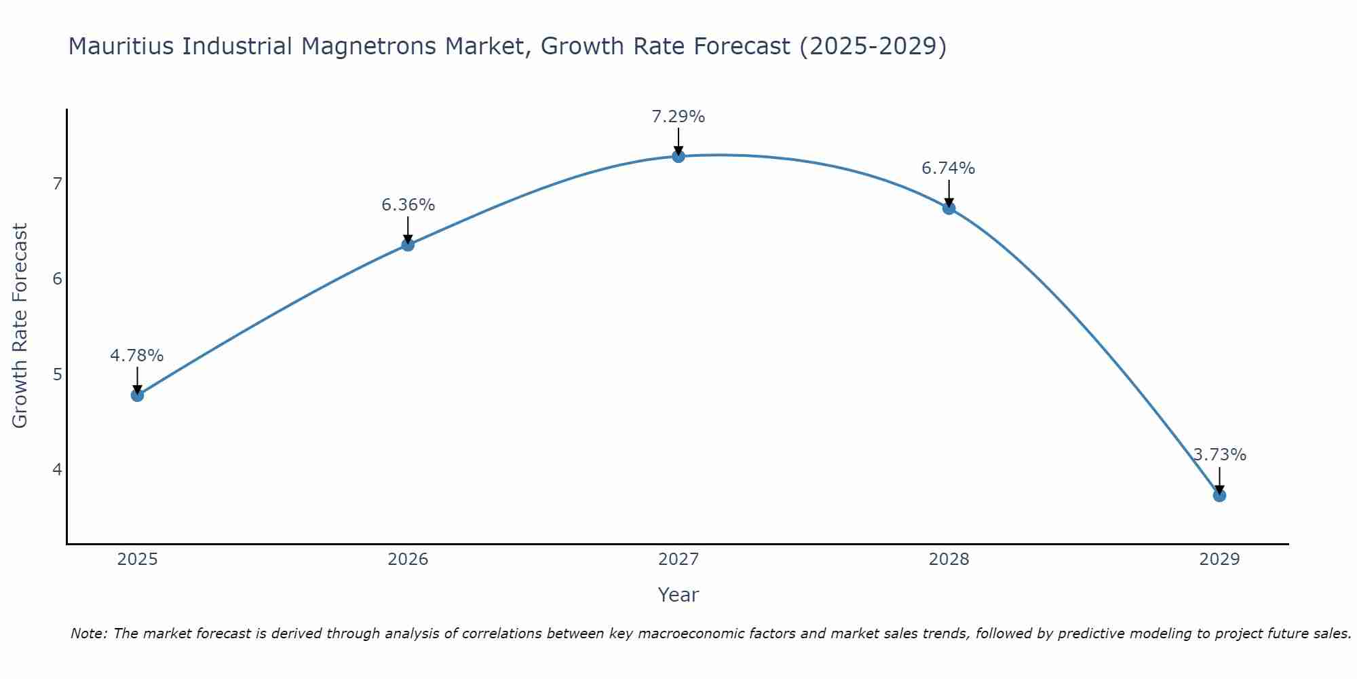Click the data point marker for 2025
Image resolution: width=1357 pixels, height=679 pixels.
(137, 394)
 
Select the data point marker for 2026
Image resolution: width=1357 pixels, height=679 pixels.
(408, 244)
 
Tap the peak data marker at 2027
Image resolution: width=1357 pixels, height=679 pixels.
(678, 156)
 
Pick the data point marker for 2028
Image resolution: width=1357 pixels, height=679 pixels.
(949, 208)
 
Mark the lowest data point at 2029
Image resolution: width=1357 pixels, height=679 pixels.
(1219, 495)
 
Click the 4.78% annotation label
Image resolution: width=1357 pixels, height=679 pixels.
(137, 356)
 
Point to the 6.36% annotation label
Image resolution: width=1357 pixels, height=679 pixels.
(408, 205)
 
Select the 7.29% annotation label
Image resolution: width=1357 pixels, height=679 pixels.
(678, 117)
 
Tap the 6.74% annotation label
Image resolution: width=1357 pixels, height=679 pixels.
(949, 168)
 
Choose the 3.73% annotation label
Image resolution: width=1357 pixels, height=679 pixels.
(1220, 455)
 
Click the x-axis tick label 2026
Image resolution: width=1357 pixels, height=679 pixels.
(408, 559)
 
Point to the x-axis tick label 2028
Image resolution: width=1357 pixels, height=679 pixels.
(949, 559)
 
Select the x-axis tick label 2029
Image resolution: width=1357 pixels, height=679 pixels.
(1219, 559)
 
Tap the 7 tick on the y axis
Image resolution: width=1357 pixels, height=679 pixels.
(57, 184)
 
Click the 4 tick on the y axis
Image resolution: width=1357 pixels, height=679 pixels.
(57, 470)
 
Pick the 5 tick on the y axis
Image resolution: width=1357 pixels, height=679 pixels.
(57, 375)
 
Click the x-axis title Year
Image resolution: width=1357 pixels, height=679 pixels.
(678, 595)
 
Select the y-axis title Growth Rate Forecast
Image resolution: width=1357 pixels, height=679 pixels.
(20, 326)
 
